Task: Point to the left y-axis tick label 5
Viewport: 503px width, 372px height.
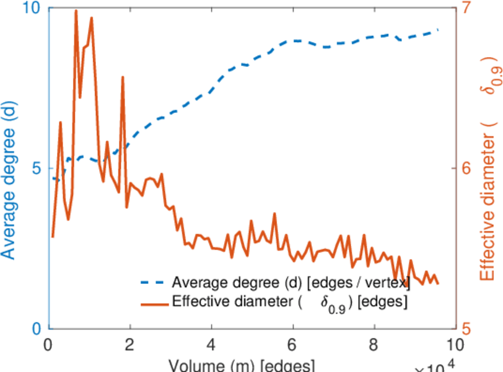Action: [x=36, y=169]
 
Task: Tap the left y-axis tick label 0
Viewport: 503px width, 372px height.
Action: [x=36, y=329]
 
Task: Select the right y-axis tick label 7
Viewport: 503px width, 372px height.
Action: [x=466, y=9]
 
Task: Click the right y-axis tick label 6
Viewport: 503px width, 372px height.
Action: [x=466, y=169]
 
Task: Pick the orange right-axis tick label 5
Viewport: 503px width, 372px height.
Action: [x=466, y=329]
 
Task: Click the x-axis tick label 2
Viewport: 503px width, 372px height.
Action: [x=129, y=344]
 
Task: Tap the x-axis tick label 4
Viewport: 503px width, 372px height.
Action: [x=211, y=344]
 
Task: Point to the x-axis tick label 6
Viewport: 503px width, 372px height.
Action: [x=292, y=344]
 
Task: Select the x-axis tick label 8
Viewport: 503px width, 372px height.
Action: [x=373, y=344]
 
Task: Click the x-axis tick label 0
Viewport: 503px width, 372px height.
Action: [x=48, y=344]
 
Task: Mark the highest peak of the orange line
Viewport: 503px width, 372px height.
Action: [x=76, y=11]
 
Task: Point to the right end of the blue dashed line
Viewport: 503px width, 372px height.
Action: [x=438, y=30]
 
